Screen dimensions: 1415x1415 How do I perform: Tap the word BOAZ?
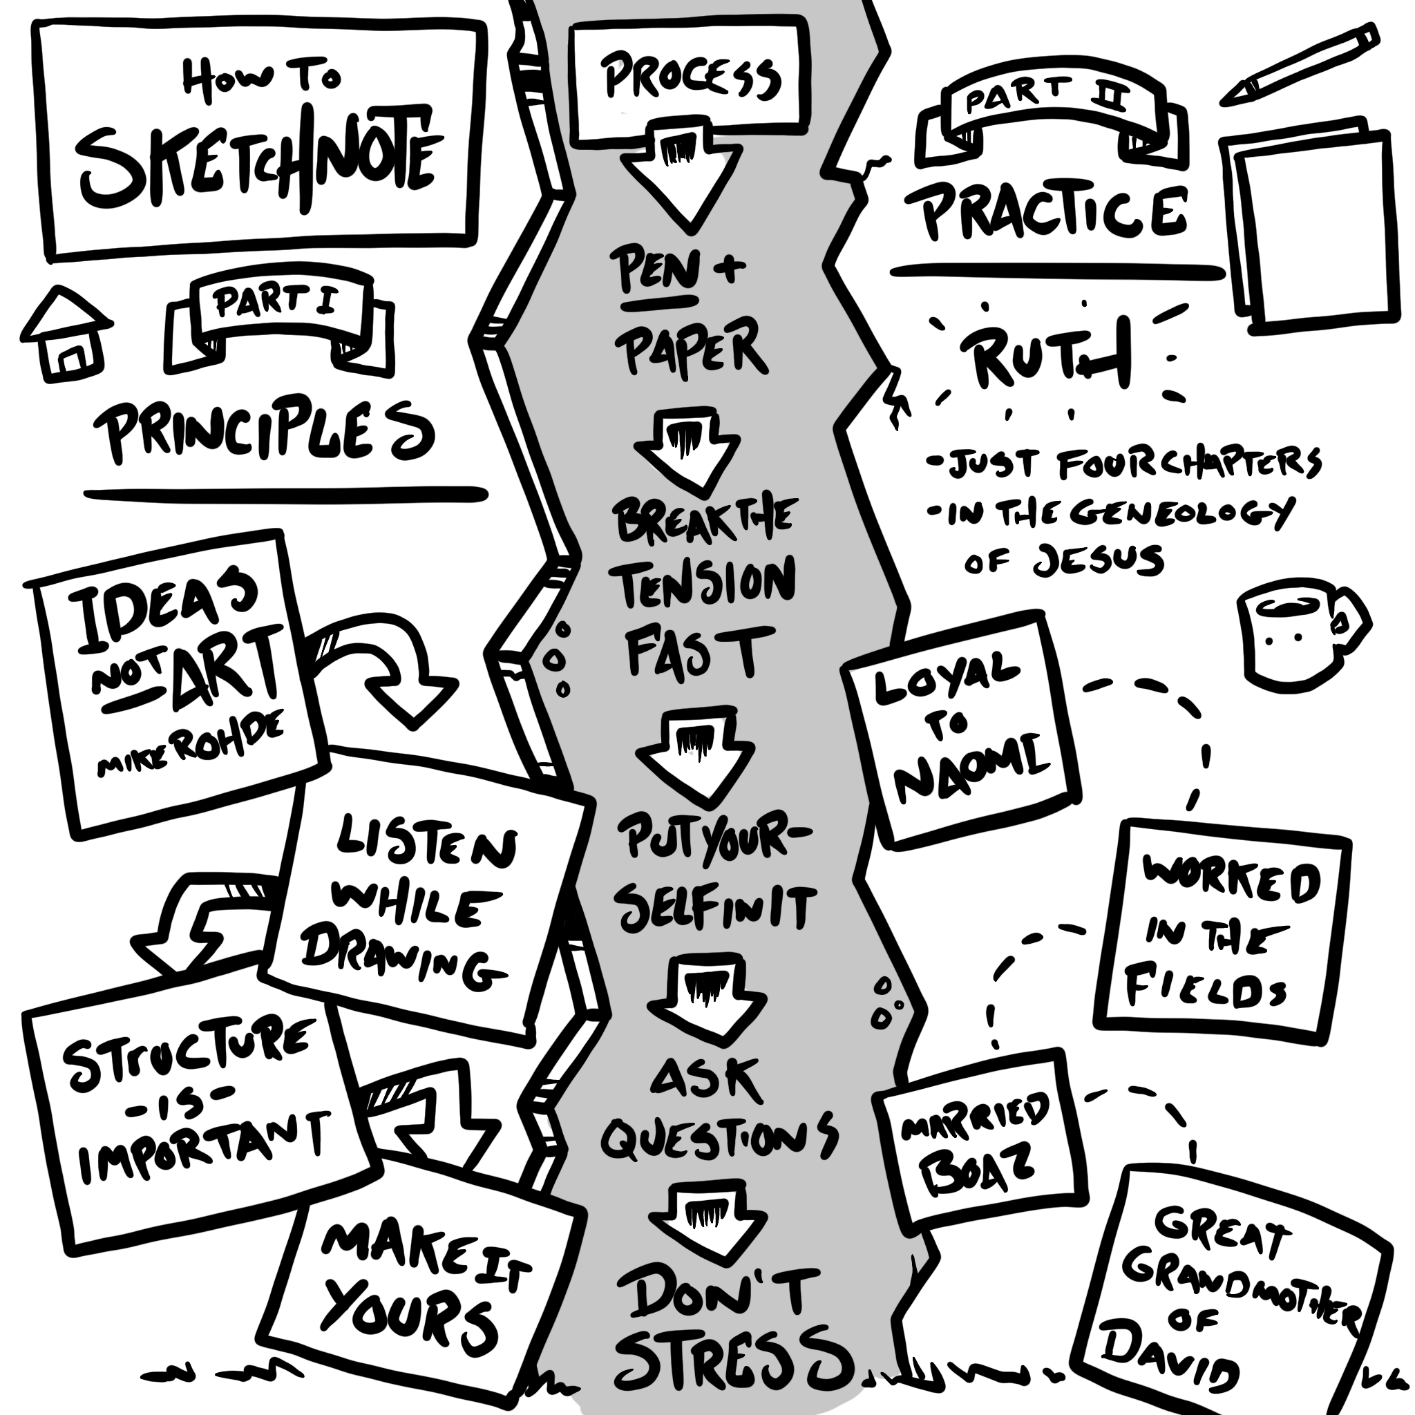pyautogui.click(x=978, y=1175)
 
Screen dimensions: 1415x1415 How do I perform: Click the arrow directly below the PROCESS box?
pyautogui.click(x=681, y=180)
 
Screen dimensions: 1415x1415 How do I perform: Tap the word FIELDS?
pyautogui.click(x=1205, y=985)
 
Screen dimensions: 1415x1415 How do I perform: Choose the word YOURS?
pyautogui.click(x=410, y=1318)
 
